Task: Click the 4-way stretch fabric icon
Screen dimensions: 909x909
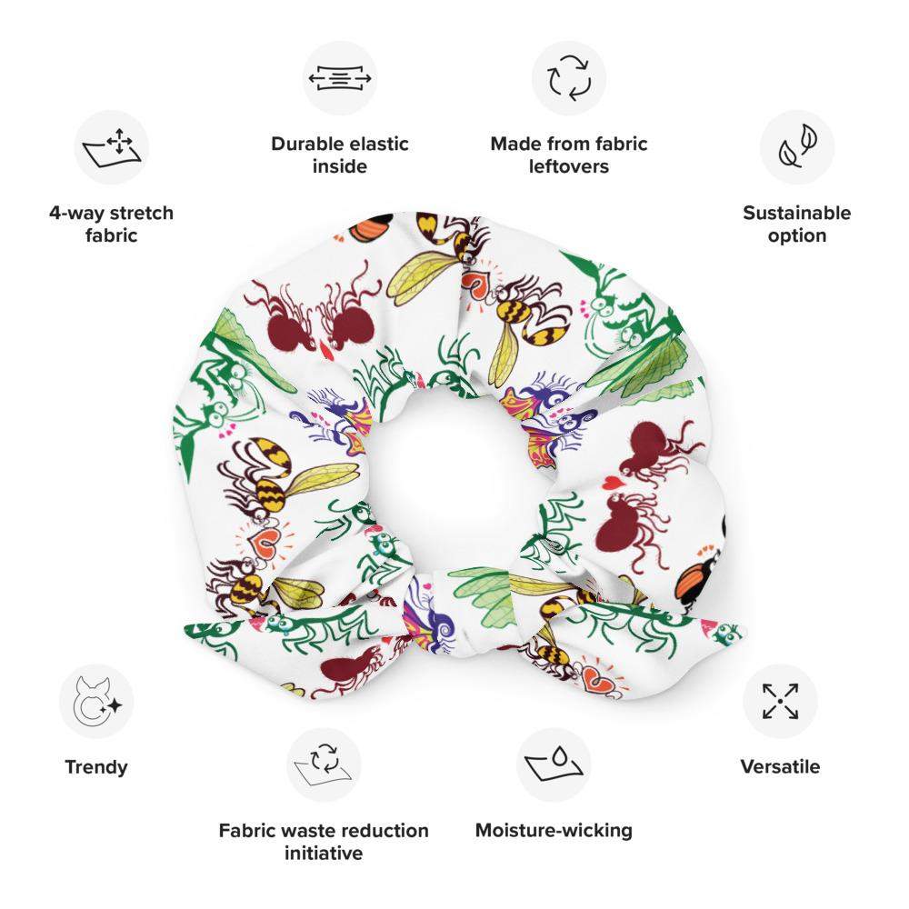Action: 111,147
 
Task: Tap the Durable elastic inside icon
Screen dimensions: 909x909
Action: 340,78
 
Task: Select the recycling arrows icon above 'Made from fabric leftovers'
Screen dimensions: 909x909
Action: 569,78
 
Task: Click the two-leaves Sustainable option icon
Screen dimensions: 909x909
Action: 797,147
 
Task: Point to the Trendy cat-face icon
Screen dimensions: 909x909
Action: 96,701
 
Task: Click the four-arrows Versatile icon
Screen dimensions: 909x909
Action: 780,701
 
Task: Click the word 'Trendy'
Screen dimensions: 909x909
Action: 96,767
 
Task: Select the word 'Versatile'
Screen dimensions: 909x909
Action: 780,767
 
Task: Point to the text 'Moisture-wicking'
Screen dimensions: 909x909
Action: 554,830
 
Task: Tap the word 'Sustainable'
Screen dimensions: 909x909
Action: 797,213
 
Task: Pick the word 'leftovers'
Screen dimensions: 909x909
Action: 569,166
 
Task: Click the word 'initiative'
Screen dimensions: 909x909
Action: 324,854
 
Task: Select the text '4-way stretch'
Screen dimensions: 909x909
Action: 111,213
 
